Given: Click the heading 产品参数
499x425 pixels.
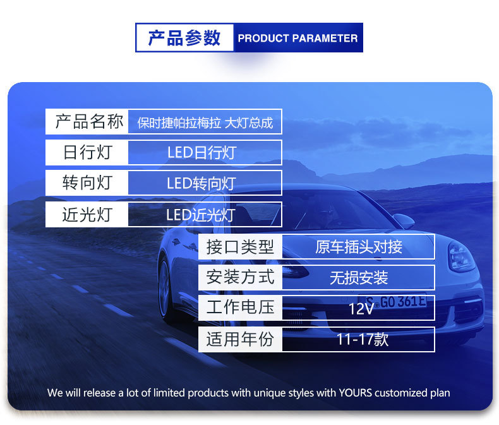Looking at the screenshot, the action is [x=184, y=38].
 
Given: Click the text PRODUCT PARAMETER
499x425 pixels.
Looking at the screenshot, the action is [x=298, y=38].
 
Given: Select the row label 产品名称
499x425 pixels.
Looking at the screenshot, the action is [x=89, y=121].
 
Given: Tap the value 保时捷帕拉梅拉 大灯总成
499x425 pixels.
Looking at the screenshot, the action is [x=205, y=123].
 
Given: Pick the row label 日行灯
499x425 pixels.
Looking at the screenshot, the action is [x=88, y=152].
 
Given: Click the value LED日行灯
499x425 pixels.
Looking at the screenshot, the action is [x=202, y=153].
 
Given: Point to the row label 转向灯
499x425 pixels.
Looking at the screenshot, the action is [x=88, y=183].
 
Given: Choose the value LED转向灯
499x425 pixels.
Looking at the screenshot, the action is [x=201, y=184].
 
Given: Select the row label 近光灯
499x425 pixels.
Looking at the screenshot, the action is [x=88, y=215].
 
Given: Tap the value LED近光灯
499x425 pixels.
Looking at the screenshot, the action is [x=201, y=215].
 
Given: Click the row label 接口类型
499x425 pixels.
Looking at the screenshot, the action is [x=240, y=247].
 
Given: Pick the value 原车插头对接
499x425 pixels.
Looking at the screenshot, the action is [x=359, y=247].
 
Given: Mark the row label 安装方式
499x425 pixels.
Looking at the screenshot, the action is [x=240, y=277].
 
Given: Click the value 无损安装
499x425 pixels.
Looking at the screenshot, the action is [x=359, y=278].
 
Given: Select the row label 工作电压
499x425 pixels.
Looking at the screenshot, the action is [x=240, y=307].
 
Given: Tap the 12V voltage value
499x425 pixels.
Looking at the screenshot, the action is [x=361, y=309].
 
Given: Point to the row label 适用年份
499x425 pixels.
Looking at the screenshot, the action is [x=240, y=338].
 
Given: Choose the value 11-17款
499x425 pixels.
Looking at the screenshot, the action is [x=363, y=339].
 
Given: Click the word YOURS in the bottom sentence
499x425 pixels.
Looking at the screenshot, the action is [x=355, y=393].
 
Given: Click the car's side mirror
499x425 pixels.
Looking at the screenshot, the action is [x=404, y=220].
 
